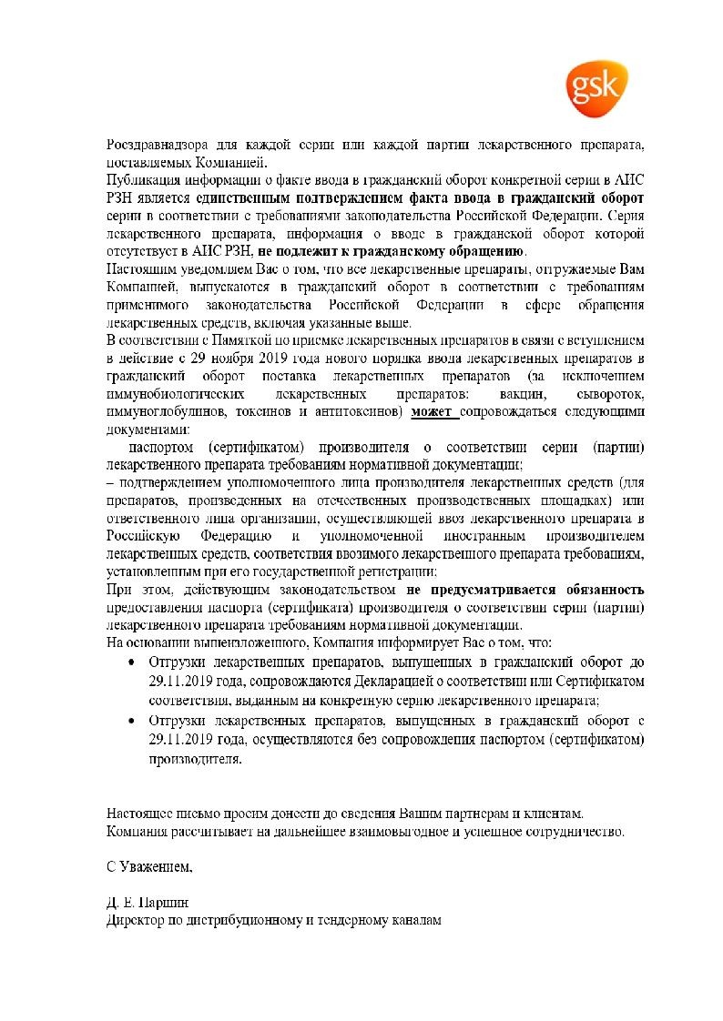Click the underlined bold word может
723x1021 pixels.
pos(432,411)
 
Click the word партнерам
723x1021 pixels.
pos(482,813)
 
